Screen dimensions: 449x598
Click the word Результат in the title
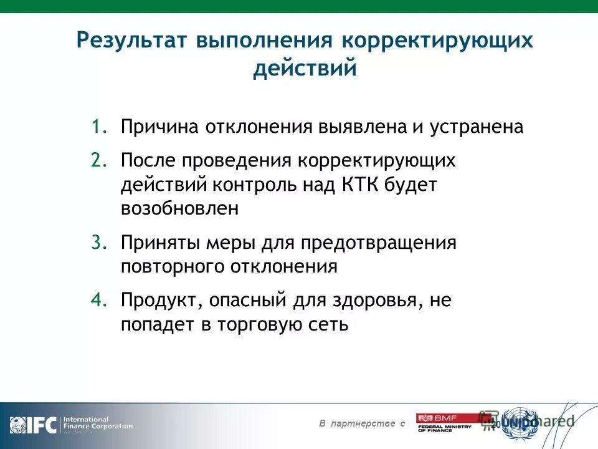131,42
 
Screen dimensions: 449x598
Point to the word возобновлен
179,208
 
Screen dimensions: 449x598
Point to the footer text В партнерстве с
362,424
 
